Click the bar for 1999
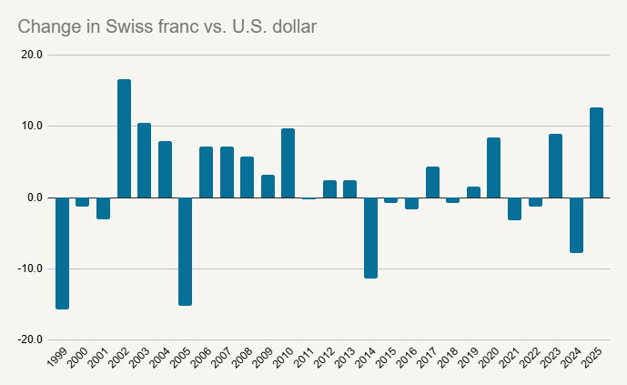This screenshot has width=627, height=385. click(x=62, y=253)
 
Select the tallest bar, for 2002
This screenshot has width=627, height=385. click(x=124, y=138)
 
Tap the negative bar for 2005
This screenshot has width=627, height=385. click(x=185, y=251)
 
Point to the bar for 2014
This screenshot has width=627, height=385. click(x=370, y=238)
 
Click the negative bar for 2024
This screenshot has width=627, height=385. click(x=576, y=225)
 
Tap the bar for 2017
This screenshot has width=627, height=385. click(x=432, y=182)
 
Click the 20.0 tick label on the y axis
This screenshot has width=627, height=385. click(x=32, y=55)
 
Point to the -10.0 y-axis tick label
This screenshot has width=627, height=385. click(x=30, y=268)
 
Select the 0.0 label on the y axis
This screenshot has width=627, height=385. click(x=35, y=198)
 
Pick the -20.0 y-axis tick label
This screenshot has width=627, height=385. click(x=30, y=339)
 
